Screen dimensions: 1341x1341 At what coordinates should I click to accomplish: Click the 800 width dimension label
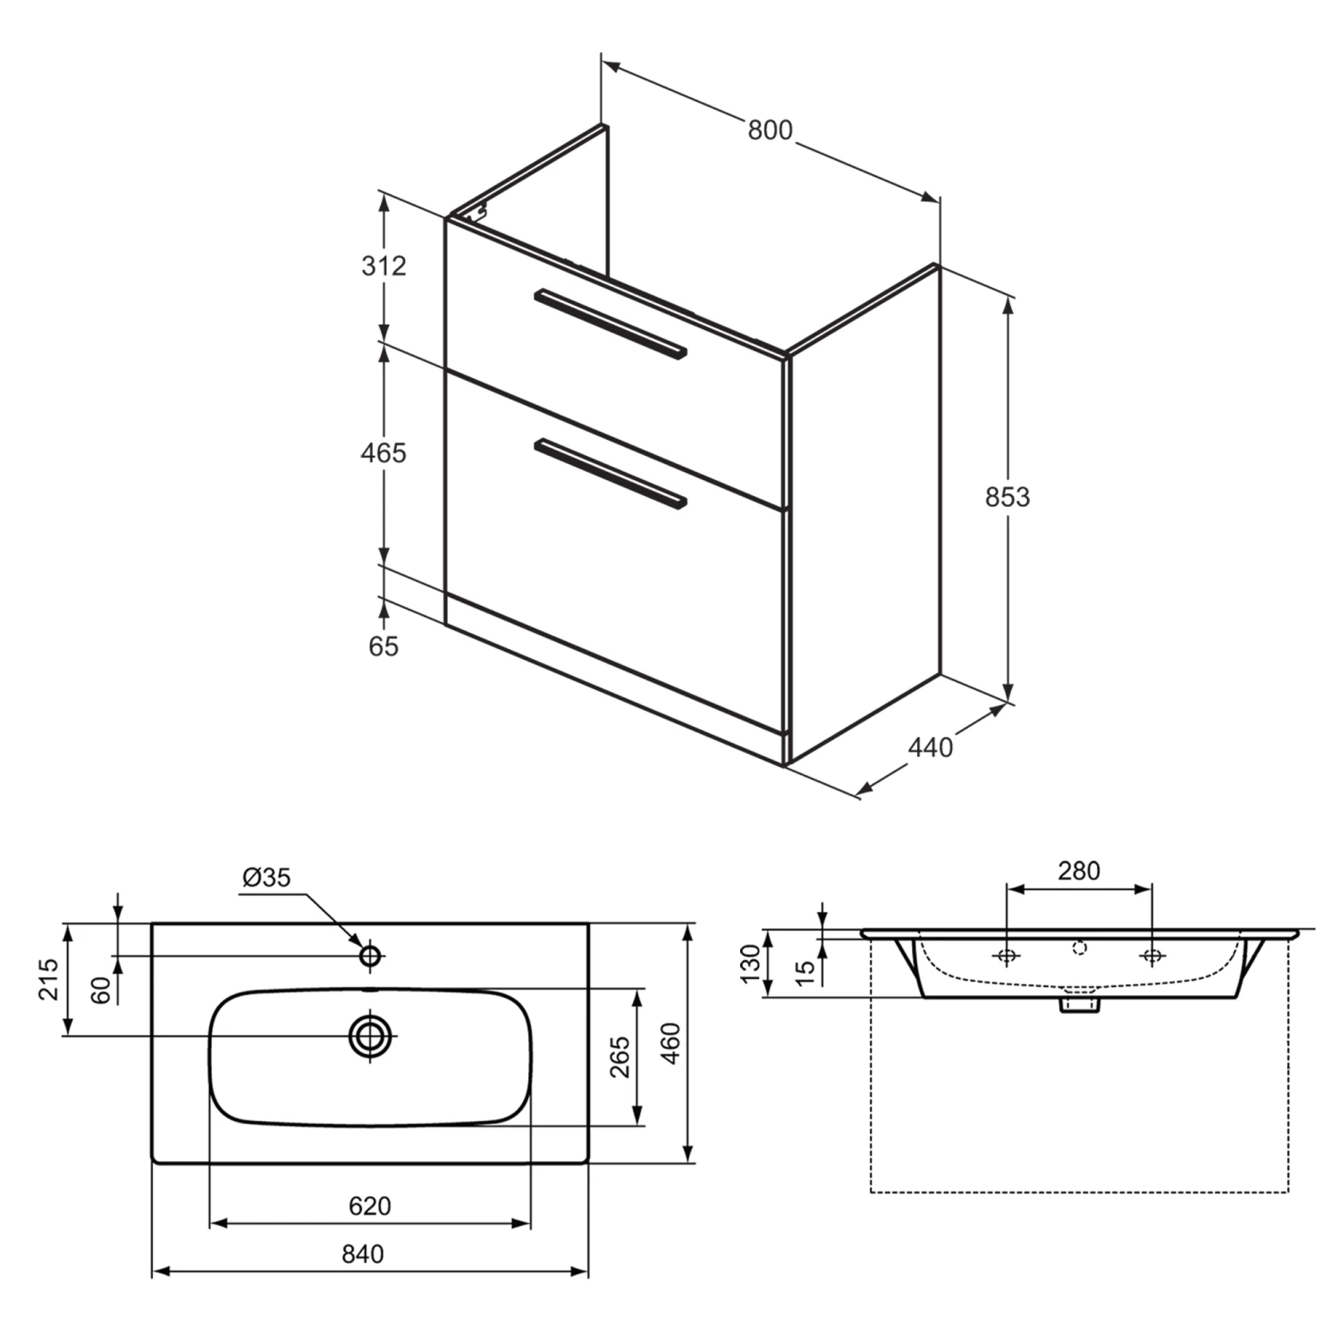[x=770, y=131]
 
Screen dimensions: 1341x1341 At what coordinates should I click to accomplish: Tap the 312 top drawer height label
[x=384, y=266]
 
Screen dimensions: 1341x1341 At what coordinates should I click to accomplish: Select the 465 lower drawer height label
[x=384, y=453]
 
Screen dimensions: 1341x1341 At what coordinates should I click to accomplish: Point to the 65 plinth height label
[x=384, y=646]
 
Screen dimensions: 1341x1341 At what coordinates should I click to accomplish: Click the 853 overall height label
[x=1008, y=497]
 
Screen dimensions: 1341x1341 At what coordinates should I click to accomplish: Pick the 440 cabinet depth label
[x=931, y=747]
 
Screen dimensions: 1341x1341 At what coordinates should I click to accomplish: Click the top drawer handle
[x=610, y=324]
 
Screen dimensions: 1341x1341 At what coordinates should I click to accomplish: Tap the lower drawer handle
[x=610, y=474]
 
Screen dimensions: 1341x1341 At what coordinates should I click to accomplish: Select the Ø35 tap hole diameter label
[x=266, y=878]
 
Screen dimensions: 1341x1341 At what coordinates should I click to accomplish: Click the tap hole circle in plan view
[x=370, y=956]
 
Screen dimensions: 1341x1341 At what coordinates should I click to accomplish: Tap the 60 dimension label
[x=101, y=990]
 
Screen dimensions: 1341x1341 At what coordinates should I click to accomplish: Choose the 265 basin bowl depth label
[x=620, y=1058]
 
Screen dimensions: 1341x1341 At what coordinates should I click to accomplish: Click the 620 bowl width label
[x=369, y=1207]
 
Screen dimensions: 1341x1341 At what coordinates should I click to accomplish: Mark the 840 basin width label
[x=363, y=1255]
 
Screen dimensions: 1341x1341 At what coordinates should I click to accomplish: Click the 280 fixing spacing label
[x=1079, y=871]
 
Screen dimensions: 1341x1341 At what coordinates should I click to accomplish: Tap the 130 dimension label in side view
[x=750, y=964]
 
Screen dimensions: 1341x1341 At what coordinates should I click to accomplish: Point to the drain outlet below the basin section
[x=1079, y=1005]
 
